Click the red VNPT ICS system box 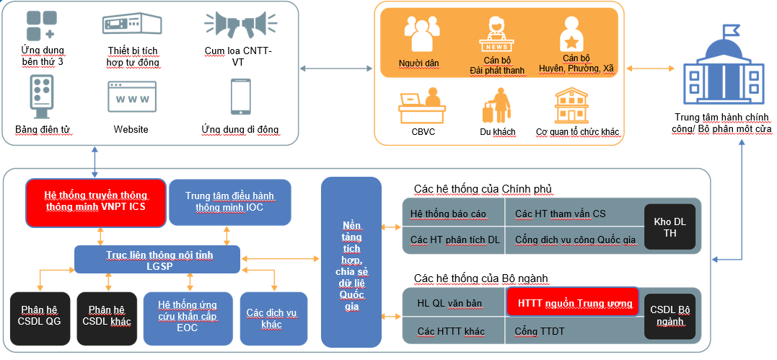[x=96, y=201]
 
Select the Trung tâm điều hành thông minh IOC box [x=229, y=201]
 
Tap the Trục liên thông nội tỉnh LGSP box [x=159, y=260]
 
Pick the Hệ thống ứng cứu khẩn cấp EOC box [x=187, y=317]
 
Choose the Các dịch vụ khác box [x=268, y=317]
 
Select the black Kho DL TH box [x=670, y=227]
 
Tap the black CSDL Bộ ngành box [x=670, y=315]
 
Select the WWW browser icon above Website [x=131, y=96]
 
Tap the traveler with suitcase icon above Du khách [x=496, y=105]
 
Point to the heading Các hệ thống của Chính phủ [x=483, y=189]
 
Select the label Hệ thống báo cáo [x=447, y=214]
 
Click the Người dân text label [x=418, y=63]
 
